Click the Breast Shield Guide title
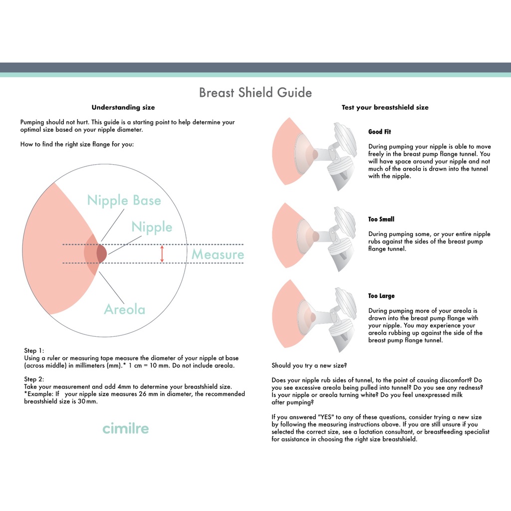tap(255, 93)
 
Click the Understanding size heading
tap(123, 107)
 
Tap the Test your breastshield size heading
tap(385, 107)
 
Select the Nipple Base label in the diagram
tap(124, 201)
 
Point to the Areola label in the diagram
tap(124, 309)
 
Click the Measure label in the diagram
tap(218, 255)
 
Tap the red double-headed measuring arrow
tap(162, 254)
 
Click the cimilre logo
tap(125, 428)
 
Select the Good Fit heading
tap(380, 132)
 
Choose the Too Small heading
tap(381, 219)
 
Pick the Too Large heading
tap(381, 296)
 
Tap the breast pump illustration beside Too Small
tap(314, 237)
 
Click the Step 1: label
tap(34, 351)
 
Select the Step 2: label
tap(34, 379)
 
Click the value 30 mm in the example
tap(88, 401)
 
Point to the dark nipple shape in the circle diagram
tap(101, 254)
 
